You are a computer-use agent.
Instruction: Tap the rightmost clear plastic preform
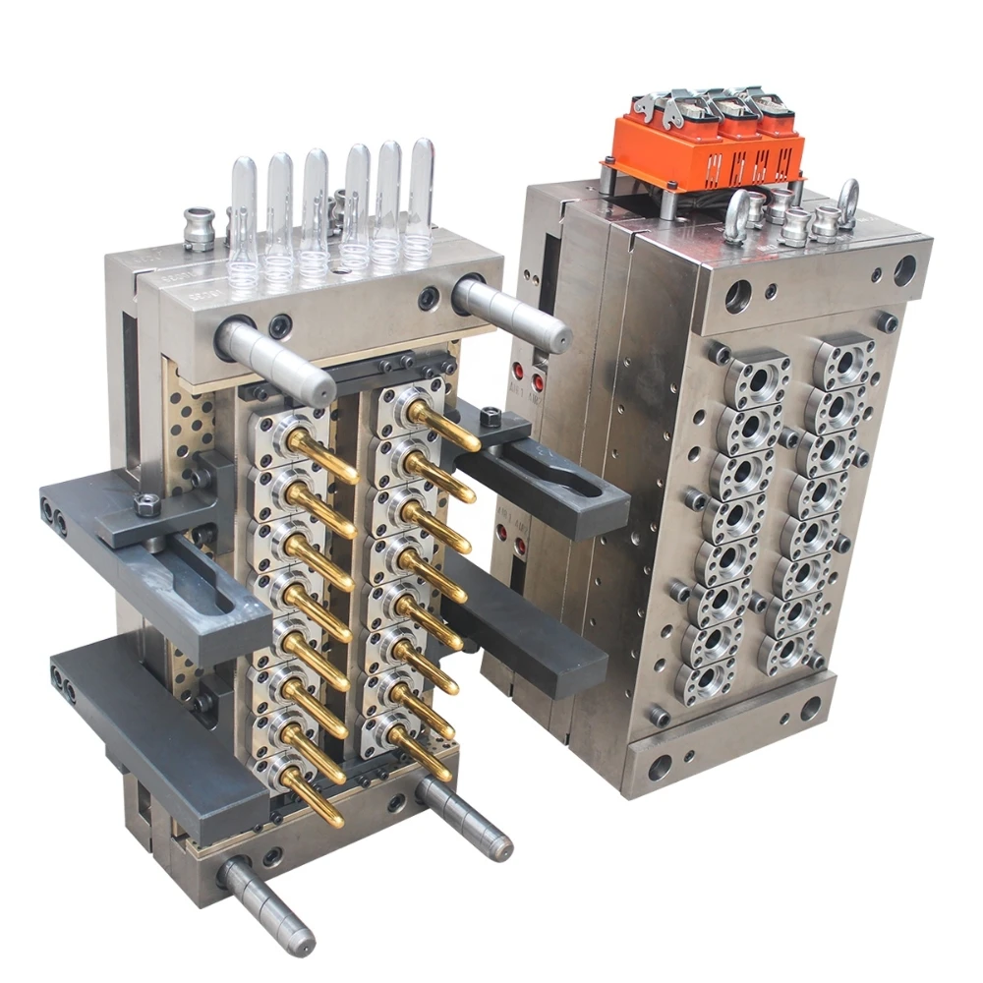coord(421,197)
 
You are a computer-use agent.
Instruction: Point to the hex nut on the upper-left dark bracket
coord(146,505)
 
